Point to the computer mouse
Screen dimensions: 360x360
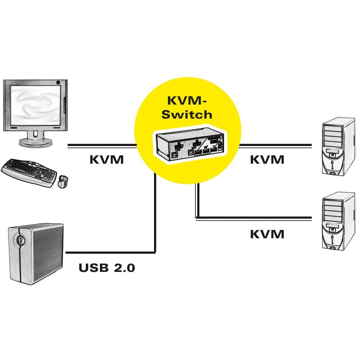coord(63,182)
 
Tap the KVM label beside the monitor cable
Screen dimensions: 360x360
coord(107,160)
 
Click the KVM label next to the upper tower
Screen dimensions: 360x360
coord(267,160)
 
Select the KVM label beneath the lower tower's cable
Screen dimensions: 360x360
coord(267,234)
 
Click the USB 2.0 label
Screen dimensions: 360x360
coord(107,268)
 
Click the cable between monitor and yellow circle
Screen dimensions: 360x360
coord(101,146)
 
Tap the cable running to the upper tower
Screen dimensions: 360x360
coord(275,145)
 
